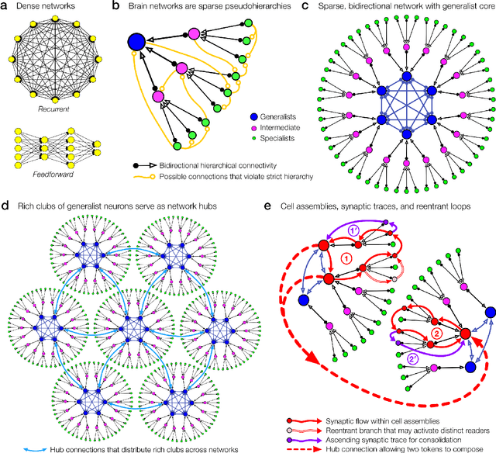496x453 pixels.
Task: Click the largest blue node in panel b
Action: [x=136, y=42]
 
